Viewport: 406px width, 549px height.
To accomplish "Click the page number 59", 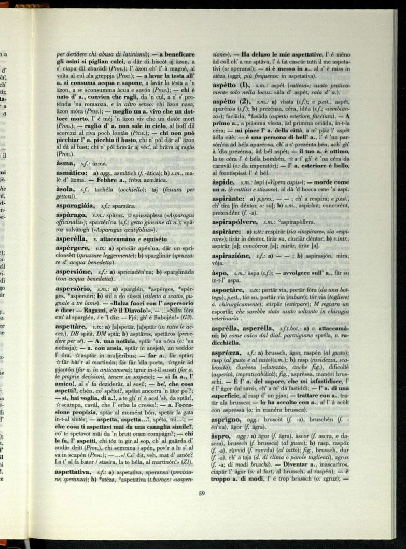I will point(202,493).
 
